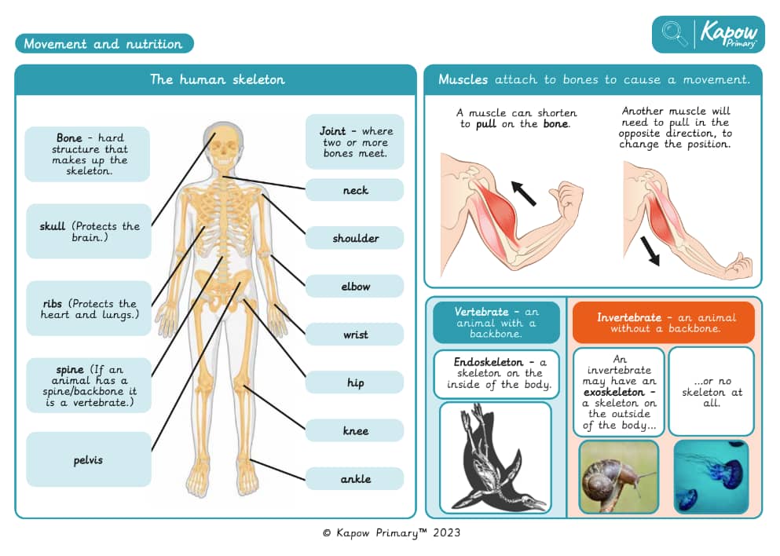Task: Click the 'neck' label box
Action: (355, 190)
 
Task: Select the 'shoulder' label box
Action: (355, 238)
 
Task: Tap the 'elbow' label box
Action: (355, 286)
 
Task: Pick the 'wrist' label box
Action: (355, 335)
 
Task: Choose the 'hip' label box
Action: (355, 382)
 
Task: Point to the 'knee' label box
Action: (355, 430)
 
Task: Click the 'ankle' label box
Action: (355, 478)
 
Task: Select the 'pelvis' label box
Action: (89, 459)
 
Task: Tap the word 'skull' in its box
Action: (52, 226)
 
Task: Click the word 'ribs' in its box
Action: (52, 304)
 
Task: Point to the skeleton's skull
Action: (223, 147)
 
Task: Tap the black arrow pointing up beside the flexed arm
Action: (524, 193)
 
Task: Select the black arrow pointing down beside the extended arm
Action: (650, 251)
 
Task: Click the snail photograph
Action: (619, 477)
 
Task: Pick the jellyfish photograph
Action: (712, 477)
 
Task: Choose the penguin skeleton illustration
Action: (496, 458)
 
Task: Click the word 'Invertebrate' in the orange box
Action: (629, 317)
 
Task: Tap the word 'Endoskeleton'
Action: (488, 362)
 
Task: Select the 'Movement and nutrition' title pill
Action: (104, 43)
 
